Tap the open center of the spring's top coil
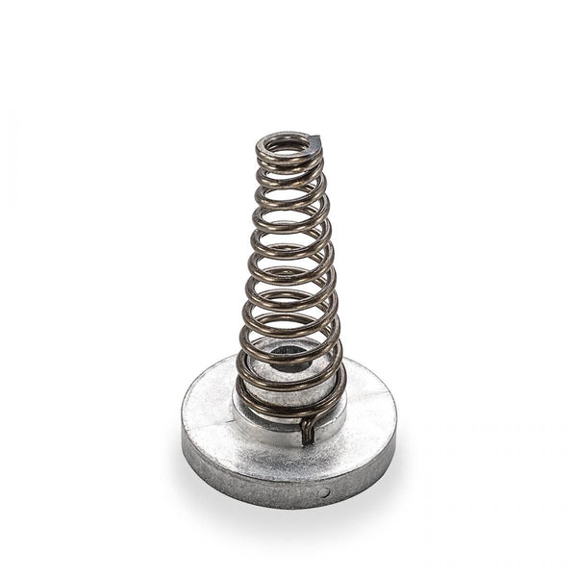pos(286,147)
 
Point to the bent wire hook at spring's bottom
pos(307,432)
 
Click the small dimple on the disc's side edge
pos(323,493)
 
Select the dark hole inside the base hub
pos(284,364)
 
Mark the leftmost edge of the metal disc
pos(182,423)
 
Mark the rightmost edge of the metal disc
pos(395,423)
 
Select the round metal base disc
pos(288,452)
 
